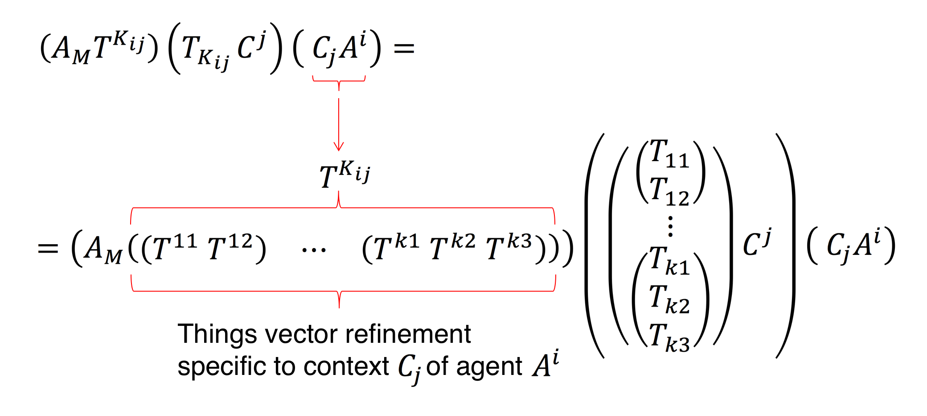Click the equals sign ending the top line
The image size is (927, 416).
[404, 48]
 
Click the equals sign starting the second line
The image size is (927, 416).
[48, 248]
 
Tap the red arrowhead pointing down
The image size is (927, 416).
[339, 146]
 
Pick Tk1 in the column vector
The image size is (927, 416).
[669, 261]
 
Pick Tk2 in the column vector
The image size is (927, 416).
[669, 300]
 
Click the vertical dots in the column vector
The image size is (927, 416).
[670, 226]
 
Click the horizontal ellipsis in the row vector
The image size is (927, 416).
[314, 250]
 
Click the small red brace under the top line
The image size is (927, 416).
[339, 82]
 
